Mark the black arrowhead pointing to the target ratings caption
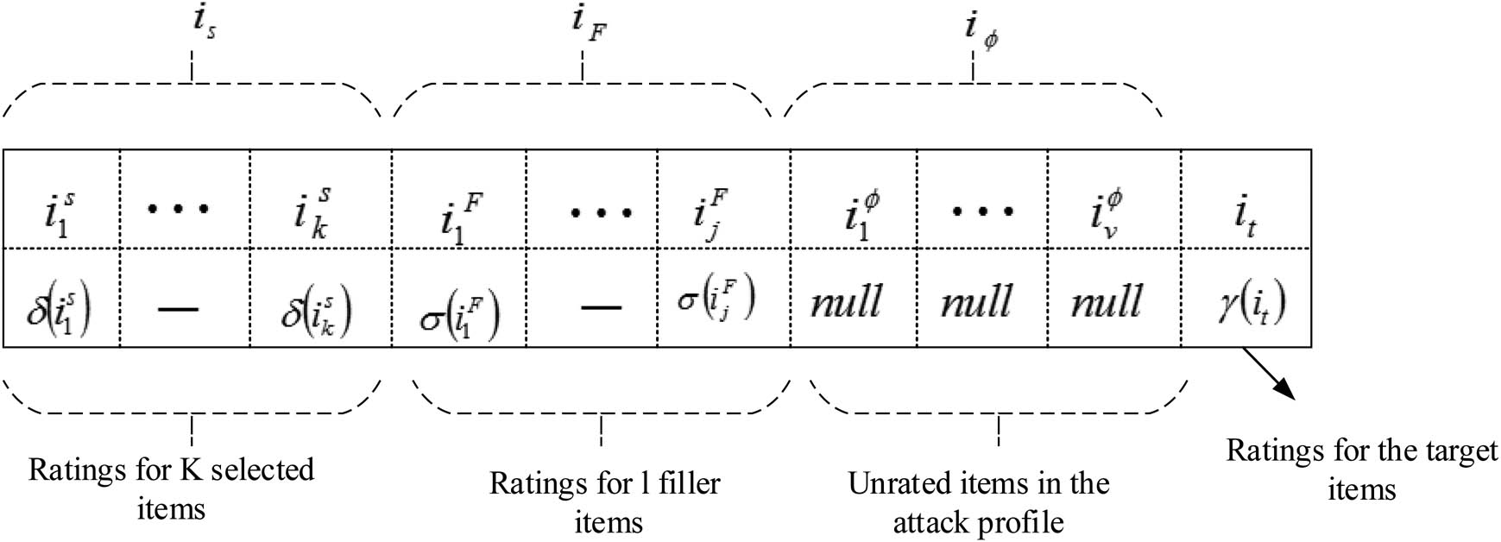[x=1285, y=389]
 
